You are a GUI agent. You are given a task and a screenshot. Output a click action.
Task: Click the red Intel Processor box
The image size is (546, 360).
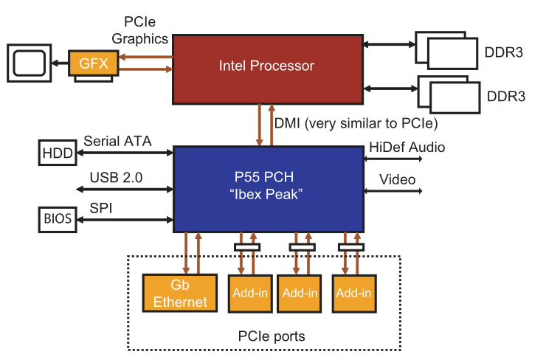[x=267, y=66]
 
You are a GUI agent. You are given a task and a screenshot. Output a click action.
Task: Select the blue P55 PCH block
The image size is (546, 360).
[x=267, y=187]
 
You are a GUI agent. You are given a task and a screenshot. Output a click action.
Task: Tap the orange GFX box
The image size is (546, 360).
[x=94, y=63]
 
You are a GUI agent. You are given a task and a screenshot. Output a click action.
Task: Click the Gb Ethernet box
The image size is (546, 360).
[x=179, y=294]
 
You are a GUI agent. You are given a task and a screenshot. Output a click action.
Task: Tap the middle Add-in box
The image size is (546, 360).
[x=300, y=293]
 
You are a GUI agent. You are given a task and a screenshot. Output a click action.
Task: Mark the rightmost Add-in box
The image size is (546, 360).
[x=353, y=293]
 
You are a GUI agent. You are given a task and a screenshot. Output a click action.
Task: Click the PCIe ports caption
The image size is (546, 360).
[x=272, y=336]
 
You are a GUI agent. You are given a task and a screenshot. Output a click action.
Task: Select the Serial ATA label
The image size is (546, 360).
[x=118, y=140]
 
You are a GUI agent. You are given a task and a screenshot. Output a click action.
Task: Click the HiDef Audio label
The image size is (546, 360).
[x=407, y=148]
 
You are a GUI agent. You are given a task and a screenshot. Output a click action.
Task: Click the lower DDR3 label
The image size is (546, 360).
[x=506, y=97]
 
